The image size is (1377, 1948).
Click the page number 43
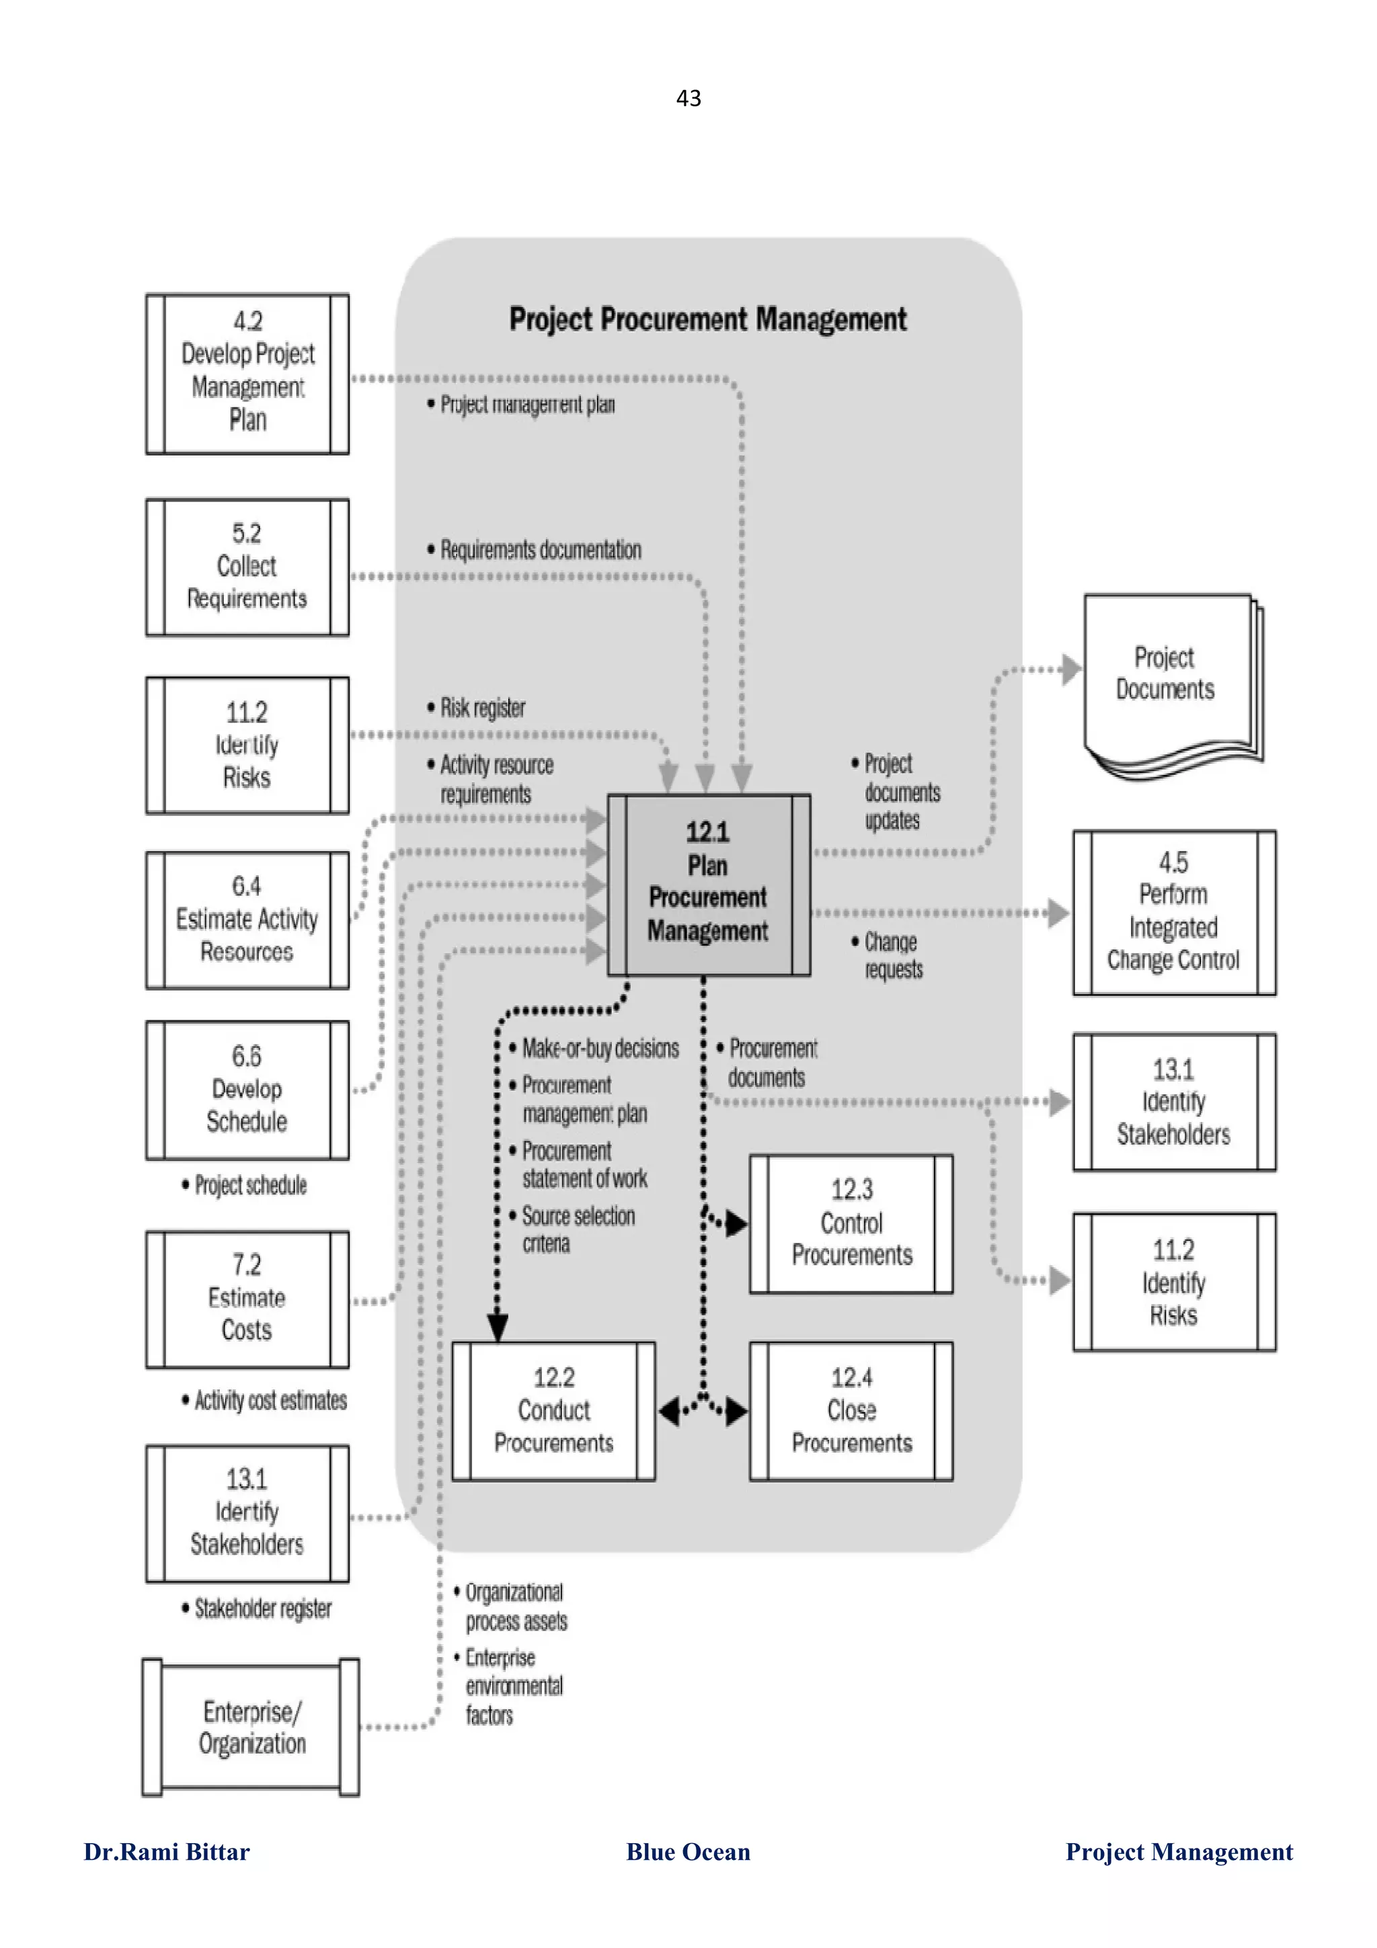point(688,98)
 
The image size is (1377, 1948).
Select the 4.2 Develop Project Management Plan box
point(247,373)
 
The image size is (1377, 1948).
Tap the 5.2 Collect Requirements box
point(247,567)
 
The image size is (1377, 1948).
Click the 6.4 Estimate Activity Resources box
point(247,920)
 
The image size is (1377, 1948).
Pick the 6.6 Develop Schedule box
point(247,1090)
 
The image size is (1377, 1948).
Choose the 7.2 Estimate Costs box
point(247,1299)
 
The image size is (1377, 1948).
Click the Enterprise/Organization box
point(251,1728)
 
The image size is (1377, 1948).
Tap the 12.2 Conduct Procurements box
point(553,1411)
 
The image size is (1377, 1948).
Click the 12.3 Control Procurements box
point(851,1223)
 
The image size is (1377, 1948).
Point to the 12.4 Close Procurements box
point(851,1411)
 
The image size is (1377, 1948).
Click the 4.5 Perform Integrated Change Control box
point(1173,912)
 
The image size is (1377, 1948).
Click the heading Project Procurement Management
point(707,320)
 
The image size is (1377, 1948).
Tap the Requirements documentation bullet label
point(540,550)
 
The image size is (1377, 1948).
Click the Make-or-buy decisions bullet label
point(600,1049)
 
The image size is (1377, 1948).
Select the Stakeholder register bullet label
point(262,1609)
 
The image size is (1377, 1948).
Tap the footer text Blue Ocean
point(688,1852)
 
